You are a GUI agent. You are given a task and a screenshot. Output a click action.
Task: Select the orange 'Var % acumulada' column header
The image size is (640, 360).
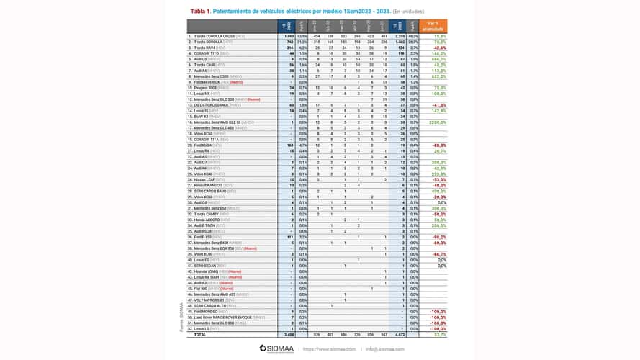tap(433, 25)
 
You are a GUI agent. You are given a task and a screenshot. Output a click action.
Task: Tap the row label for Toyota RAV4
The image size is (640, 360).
tap(204, 47)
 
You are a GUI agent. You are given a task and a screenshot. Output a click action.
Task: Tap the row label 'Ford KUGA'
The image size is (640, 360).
tap(204, 145)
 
